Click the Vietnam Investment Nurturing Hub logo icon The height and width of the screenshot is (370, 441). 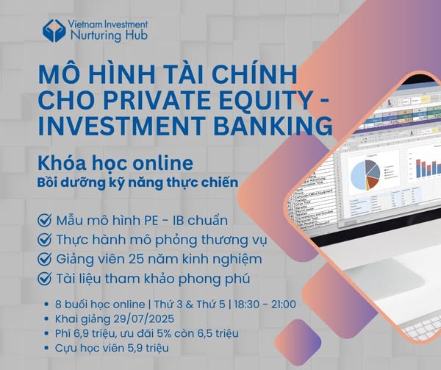pyautogui.click(x=54, y=30)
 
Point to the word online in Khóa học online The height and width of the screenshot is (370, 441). pyautogui.click(x=162, y=163)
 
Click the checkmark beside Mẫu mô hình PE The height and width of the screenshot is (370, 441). pyautogui.click(x=44, y=220)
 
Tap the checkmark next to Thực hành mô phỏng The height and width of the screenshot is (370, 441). pyautogui.click(x=44, y=240)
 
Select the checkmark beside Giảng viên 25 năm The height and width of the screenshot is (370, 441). pyautogui.click(x=44, y=259)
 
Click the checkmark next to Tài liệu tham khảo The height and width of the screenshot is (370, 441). pyautogui.click(x=44, y=279)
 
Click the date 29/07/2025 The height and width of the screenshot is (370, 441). pyautogui.click(x=144, y=319)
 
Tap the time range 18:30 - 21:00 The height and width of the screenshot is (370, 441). pyautogui.click(x=265, y=305)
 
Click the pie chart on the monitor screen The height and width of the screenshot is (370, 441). pyautogui.click(x=365, y=175)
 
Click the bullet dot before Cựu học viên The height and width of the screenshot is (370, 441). pyautogui.click(x=47, y=349)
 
